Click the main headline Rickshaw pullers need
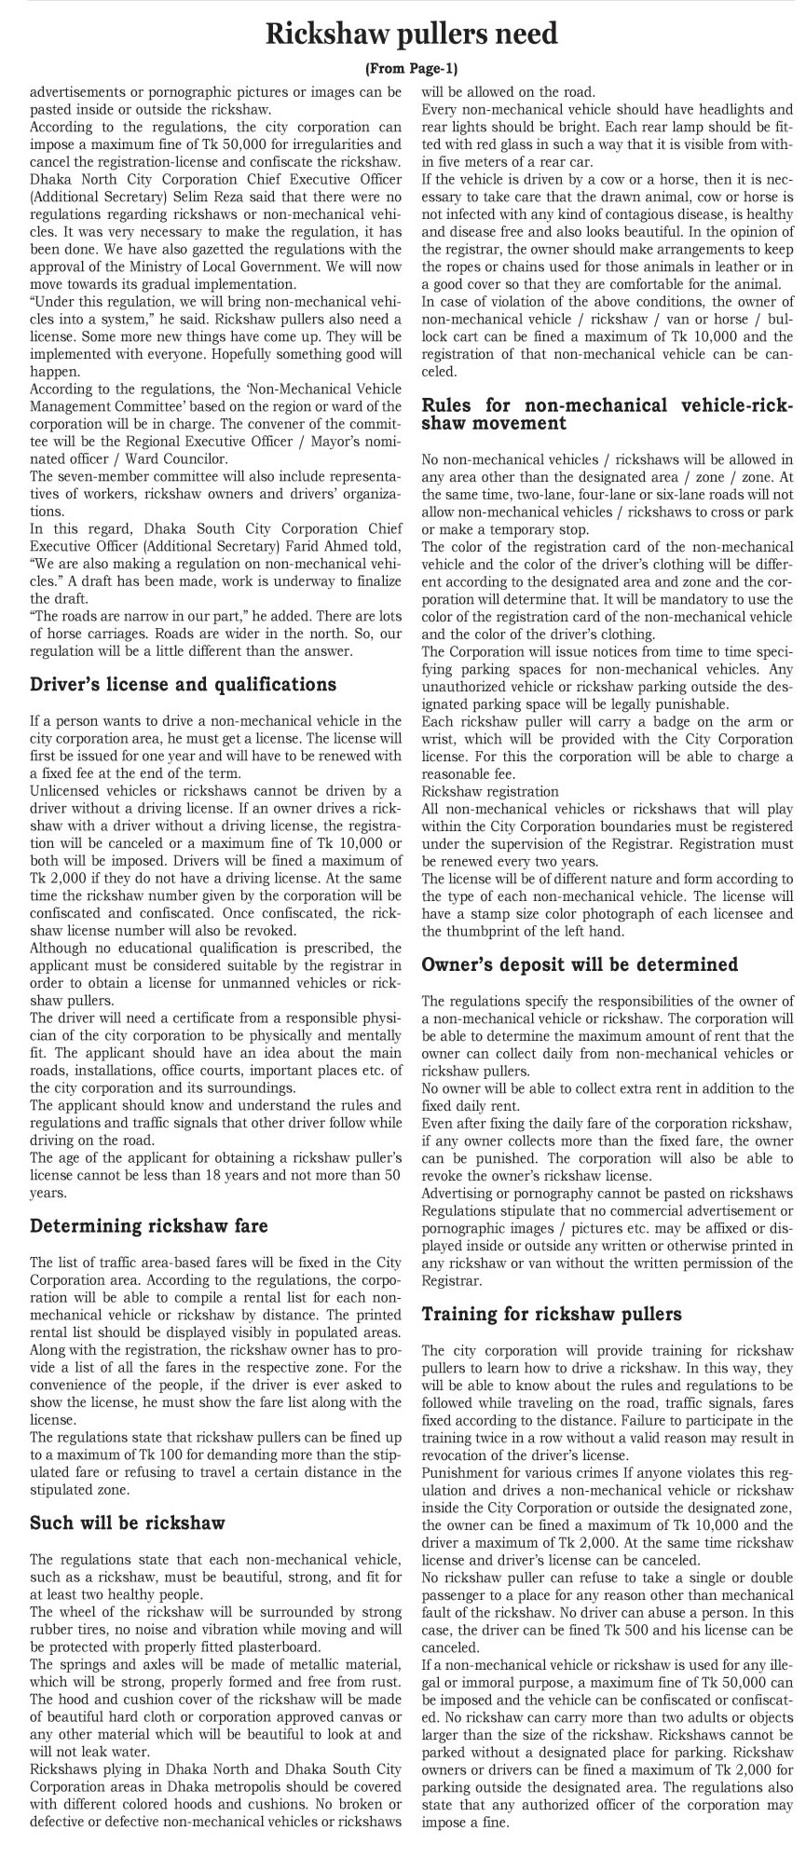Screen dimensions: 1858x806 pos(412,34)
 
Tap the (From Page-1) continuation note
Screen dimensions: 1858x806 pos(411,69)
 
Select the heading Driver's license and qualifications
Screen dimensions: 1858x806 pos(183,685)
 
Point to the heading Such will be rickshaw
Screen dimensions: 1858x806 pos(128,1523)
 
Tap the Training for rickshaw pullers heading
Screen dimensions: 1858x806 pos(552,1314)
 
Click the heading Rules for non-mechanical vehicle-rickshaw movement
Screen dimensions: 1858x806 pos(608,414)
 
